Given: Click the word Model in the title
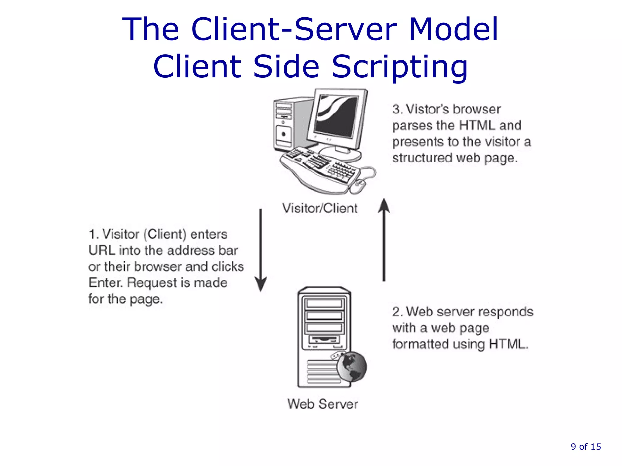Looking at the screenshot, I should point(453,29).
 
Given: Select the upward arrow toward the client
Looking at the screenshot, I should point(384,240).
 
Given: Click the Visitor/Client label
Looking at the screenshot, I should point(320,208).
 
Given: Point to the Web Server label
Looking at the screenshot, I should point(323,404).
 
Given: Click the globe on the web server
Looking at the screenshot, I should point(352,367).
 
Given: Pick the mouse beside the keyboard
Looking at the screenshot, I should point(358,186).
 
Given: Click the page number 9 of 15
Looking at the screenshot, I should point(586,447).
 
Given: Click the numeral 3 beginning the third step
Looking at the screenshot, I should point(396,109).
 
